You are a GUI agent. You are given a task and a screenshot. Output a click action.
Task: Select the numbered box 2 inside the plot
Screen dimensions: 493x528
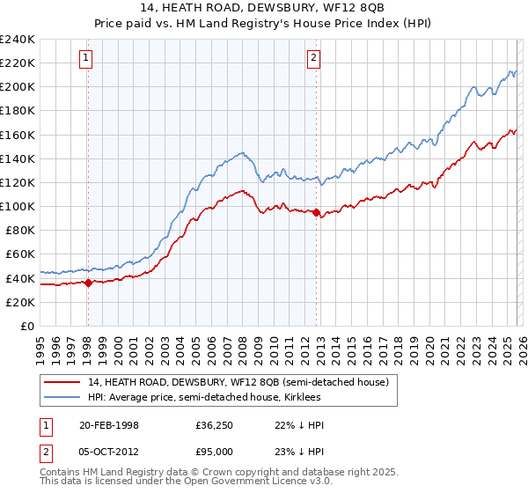coord(314,59)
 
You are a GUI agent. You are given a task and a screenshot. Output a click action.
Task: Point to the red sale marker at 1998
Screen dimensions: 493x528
coord(88,283)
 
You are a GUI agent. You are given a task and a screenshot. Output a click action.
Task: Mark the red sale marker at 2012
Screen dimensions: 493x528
coord(316,212)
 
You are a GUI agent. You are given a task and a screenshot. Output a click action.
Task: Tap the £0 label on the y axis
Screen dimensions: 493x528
coord(26,326)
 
